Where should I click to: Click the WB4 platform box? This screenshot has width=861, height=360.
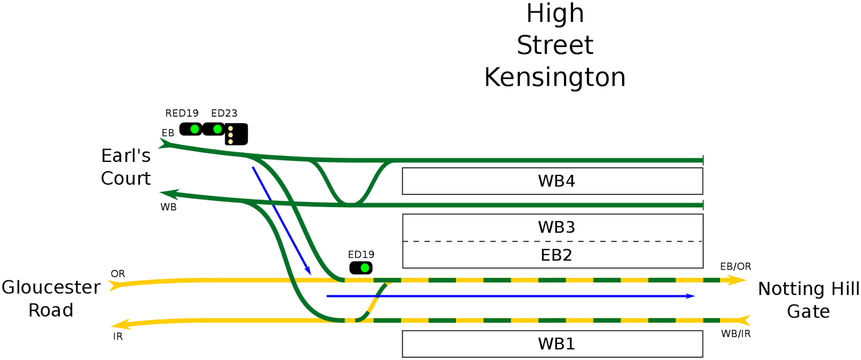pyautogui.click(x=552, y=181)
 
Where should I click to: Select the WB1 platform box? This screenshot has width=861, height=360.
pyautogui.click(x=552, y=343)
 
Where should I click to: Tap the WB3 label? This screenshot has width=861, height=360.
pyautogui.click(x=556, y=227)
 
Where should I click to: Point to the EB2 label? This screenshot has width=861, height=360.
pyautogui.click(x=556, y=255)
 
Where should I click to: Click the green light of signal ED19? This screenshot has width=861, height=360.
pyautogui.click(x=365, y=267)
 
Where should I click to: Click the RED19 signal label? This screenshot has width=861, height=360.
pyautogui.click(x=181, y=113)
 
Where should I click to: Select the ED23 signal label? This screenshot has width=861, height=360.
pyautogui.click(x=224, y=113)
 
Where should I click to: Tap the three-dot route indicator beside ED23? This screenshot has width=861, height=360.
pyautogui.click(x=236, y=135)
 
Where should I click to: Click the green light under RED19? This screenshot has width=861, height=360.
pyautogui.click(x=194, y=129)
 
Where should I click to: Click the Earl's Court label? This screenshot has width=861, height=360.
pyautogui.click(x=125, y=167)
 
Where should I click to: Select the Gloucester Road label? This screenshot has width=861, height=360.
pyautogui.click(x=51, y=299)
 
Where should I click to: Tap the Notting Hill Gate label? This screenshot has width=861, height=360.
pyautogui.click(x=808, y=300)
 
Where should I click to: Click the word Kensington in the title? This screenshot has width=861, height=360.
pyautogui.click(x=555, y=77)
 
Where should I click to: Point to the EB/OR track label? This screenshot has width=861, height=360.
pyautogui.click(x=735, y=266)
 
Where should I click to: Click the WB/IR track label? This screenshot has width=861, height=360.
pyautogui.click(x=735, y=334)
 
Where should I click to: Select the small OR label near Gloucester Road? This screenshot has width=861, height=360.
pyautogui.click(x=118, y=274)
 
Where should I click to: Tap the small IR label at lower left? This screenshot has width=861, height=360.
pyautogui.click(x=118, y=336)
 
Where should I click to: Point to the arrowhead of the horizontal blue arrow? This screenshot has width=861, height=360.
pyautogui.click(x=691, y=296)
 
